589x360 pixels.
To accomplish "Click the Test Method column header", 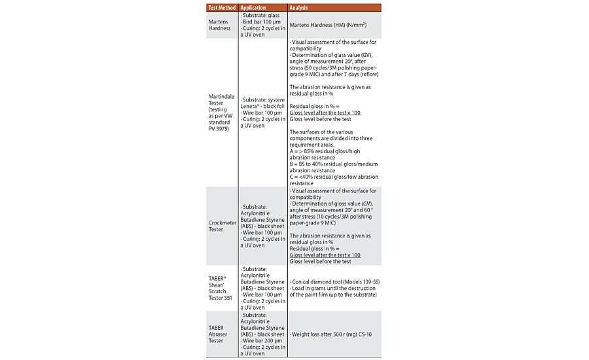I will click(x=221, y=8).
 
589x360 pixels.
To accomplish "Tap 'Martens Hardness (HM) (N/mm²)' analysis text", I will click(x=333, y=25).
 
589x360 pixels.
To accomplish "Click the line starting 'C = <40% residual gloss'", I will click(x=332, y=177).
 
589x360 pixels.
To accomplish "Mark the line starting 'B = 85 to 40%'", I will click(x=333, y=164).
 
